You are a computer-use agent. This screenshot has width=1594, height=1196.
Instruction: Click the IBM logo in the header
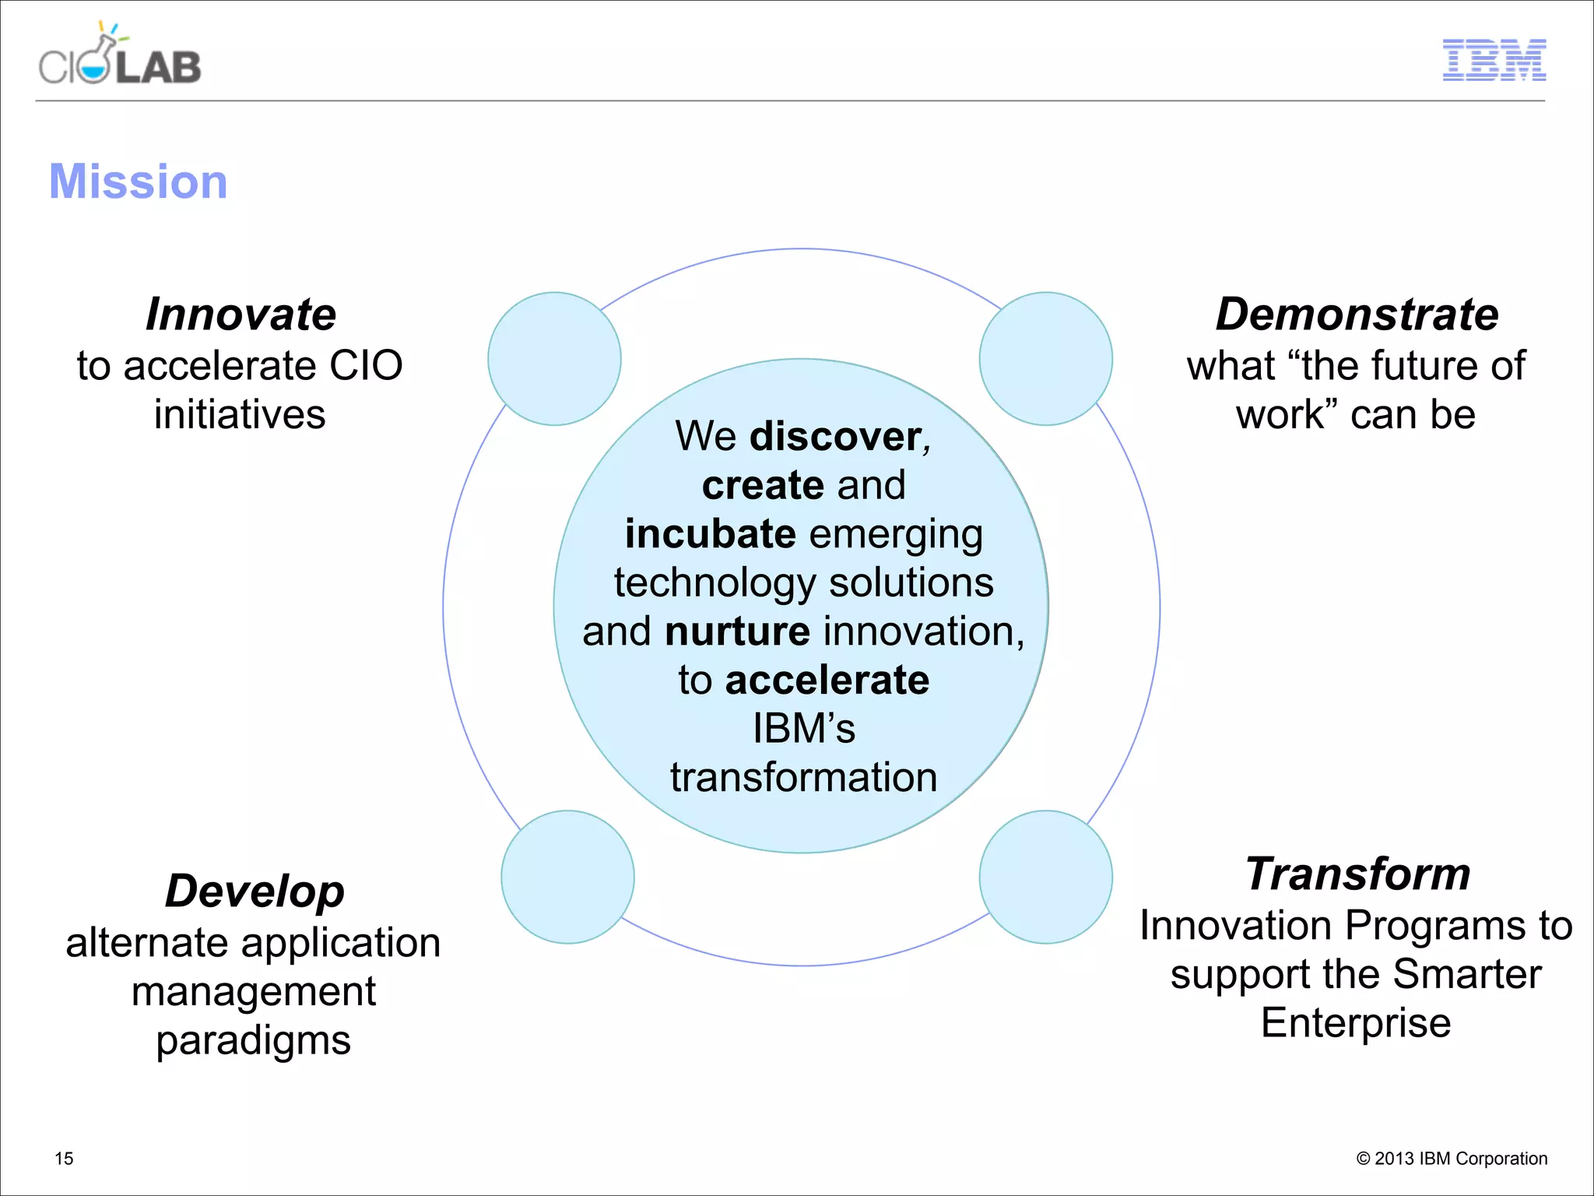click(x=1494, y=60)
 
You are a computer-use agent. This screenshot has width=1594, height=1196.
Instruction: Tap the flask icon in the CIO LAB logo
click(x=97, y=62)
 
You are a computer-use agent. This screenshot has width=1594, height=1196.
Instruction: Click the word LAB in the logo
click(x=159, y=68)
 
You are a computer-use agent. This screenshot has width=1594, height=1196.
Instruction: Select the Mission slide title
click(x=138, y=181)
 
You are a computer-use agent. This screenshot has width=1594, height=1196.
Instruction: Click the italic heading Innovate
click(x=241, y=315)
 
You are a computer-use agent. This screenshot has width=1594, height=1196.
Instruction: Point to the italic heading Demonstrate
click(x=1357, y=315)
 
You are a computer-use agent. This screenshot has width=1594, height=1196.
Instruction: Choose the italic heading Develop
click(x=255, y=891)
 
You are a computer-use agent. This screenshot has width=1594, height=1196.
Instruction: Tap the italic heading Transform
click(x=1357, y=874)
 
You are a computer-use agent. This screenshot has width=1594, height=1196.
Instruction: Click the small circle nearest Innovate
click(x=554, y=359)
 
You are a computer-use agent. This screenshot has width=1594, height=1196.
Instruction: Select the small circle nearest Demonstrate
click(x=1045, y=359)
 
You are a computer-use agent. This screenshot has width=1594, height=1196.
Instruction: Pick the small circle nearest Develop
click(x=567, y=877)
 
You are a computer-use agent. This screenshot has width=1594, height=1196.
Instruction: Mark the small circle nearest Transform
click(x=1045, y=877)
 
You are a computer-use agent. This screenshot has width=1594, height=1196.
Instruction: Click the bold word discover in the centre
click(x=835, y=436)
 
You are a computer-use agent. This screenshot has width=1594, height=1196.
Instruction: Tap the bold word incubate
click(x=710, y=534)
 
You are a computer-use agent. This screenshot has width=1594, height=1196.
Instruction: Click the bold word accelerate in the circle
click(x=827, y=681)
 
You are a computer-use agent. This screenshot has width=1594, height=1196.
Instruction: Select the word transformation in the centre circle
click(x=803, y=777)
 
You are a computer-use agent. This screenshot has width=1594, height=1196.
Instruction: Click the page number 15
click(x=64, y=1159)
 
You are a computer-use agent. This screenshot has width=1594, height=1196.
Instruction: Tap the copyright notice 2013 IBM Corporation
click(x=1452, y=1159)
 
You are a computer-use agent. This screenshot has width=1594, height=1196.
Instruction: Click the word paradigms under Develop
click(x=253, y=1040)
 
